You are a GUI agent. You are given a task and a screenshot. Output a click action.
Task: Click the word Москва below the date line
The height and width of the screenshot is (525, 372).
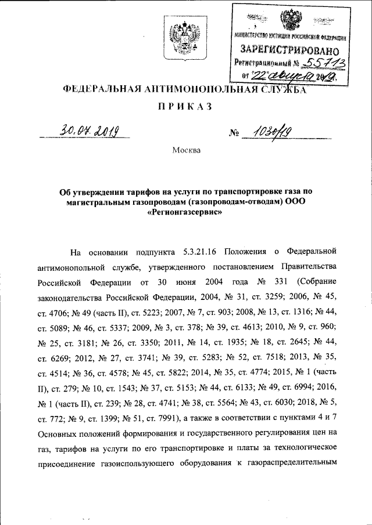tap(186, 150)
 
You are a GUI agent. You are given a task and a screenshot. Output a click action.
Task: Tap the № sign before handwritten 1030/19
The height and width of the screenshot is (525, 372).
tap(235, 135)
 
